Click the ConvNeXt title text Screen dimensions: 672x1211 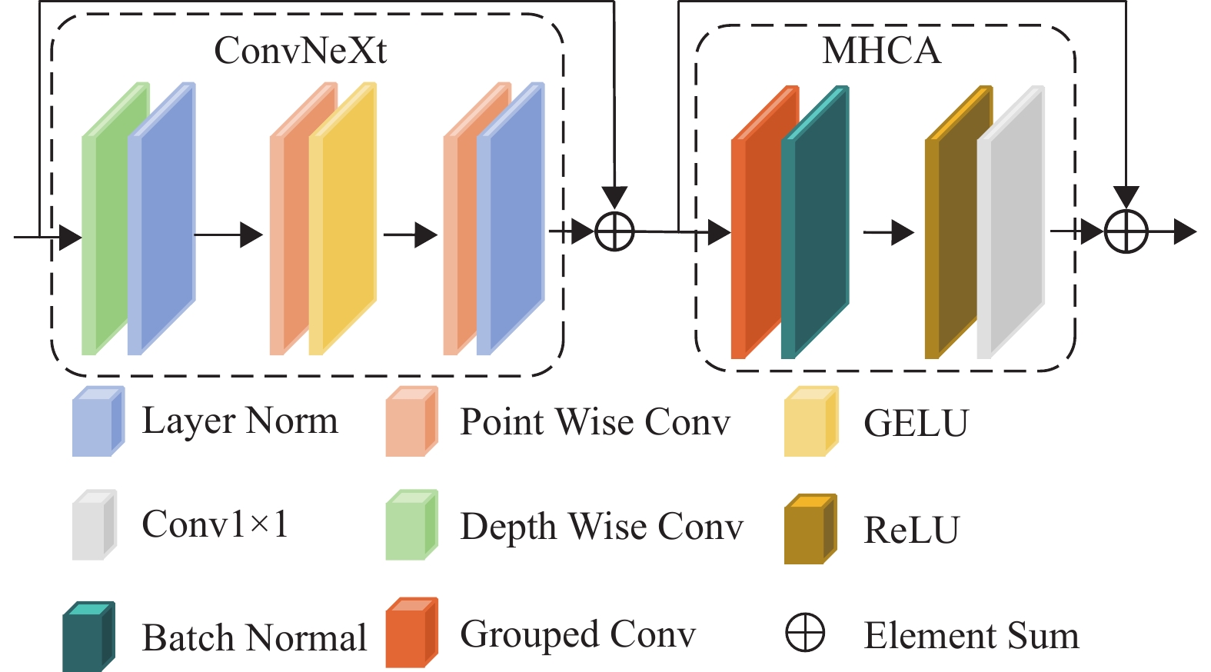click(300, 51)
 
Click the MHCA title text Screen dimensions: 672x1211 click(881, 51)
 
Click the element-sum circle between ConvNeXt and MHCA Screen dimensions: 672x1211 click(615, 231)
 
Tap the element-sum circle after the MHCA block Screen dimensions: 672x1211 click(1126, 231)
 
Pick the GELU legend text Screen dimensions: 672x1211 click(916, 424)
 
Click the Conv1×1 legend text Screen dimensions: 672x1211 click(215, 525)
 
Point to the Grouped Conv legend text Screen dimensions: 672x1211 click(577, 636)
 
